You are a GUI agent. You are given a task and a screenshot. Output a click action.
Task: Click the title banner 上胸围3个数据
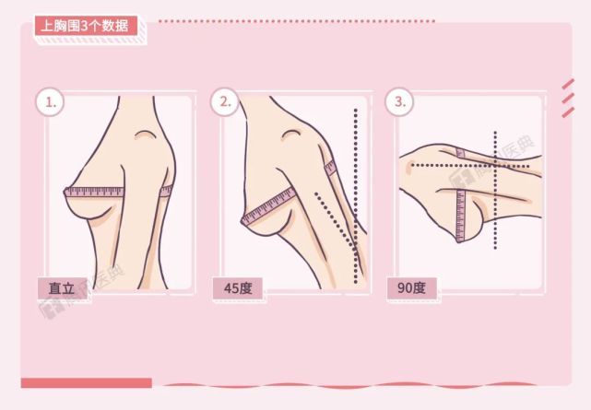[84, 26]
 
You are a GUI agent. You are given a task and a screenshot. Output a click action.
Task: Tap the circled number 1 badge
[50, 102]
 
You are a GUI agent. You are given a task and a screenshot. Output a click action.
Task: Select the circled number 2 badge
[224, 102]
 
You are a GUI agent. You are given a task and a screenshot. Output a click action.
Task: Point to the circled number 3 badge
[399, 102]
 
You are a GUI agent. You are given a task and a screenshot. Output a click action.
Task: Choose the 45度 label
[238, 287]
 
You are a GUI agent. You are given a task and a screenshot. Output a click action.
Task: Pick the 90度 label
[411, 287]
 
